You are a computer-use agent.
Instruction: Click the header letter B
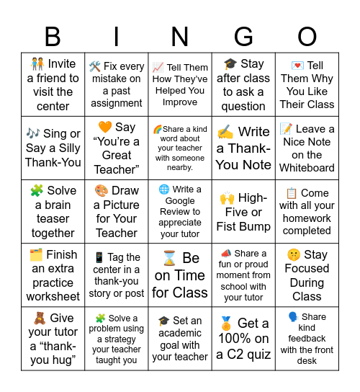click(53, 36)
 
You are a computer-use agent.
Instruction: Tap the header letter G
click(243, 36)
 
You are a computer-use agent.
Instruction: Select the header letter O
click(307, 36)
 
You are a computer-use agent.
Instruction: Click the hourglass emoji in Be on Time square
click(170, 258)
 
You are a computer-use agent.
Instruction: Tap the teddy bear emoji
click(39, 318)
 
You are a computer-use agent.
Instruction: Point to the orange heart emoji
click(104, 128)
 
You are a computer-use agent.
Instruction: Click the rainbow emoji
click(158, 129)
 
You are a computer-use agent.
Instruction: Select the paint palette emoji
click(102, 191)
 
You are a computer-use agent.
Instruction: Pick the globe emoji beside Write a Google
click(164, 190)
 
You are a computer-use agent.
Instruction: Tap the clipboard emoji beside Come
click(292, 193)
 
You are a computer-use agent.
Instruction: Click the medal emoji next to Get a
click(227, 324)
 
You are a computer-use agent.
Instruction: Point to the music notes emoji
click(34, 133)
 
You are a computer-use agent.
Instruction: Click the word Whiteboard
click(307, 168)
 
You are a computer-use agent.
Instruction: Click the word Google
click(180, 201)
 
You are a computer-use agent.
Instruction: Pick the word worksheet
click(53, 296)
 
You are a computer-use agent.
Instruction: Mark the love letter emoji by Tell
click(296, 66)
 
